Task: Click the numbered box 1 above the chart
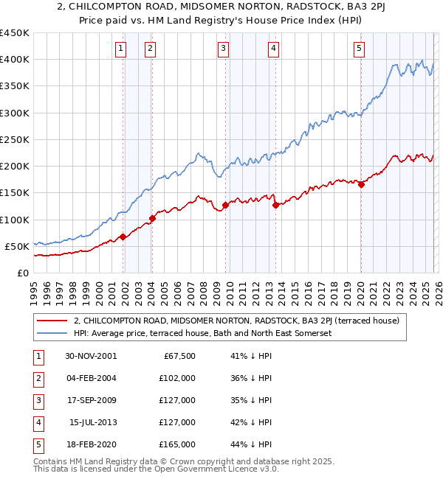(x=120, y=49)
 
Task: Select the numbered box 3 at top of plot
(x=223, y=49)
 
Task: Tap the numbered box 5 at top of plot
(x=359, y=49)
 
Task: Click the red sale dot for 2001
(x=123, y=237)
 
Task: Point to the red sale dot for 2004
(x=152, y=218)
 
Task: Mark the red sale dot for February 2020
(x=361, y=185)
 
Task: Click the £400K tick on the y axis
(x=14, y=60)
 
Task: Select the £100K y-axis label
(x=14, y=220)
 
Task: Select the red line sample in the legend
(x=53, y=321)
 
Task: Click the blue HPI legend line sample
(x=53, y=333)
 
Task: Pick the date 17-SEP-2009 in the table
(x=91, y=400)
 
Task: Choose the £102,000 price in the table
(x=178, y=378)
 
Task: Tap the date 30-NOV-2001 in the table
(x=91, y=356)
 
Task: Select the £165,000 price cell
(x=178, y=444)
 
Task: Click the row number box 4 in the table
(x=36, y=422)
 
